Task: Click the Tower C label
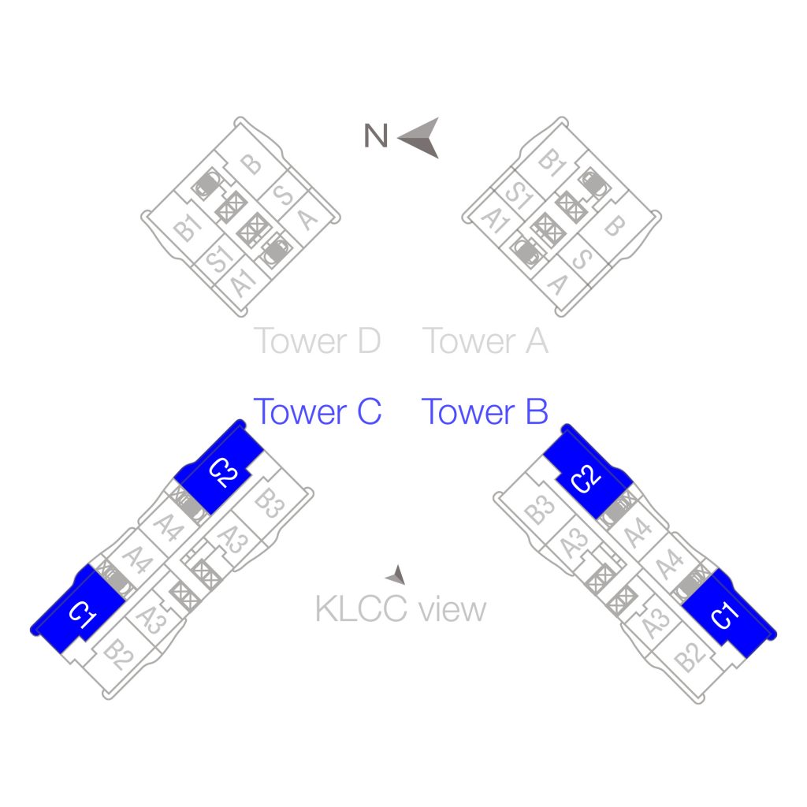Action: coord(317,411)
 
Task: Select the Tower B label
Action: coord(485,411)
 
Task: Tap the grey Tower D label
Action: coord(317,341)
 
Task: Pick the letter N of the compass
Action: coord(376,136)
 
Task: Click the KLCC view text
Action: coord(400,609)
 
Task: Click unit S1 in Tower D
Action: coord(218,258)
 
